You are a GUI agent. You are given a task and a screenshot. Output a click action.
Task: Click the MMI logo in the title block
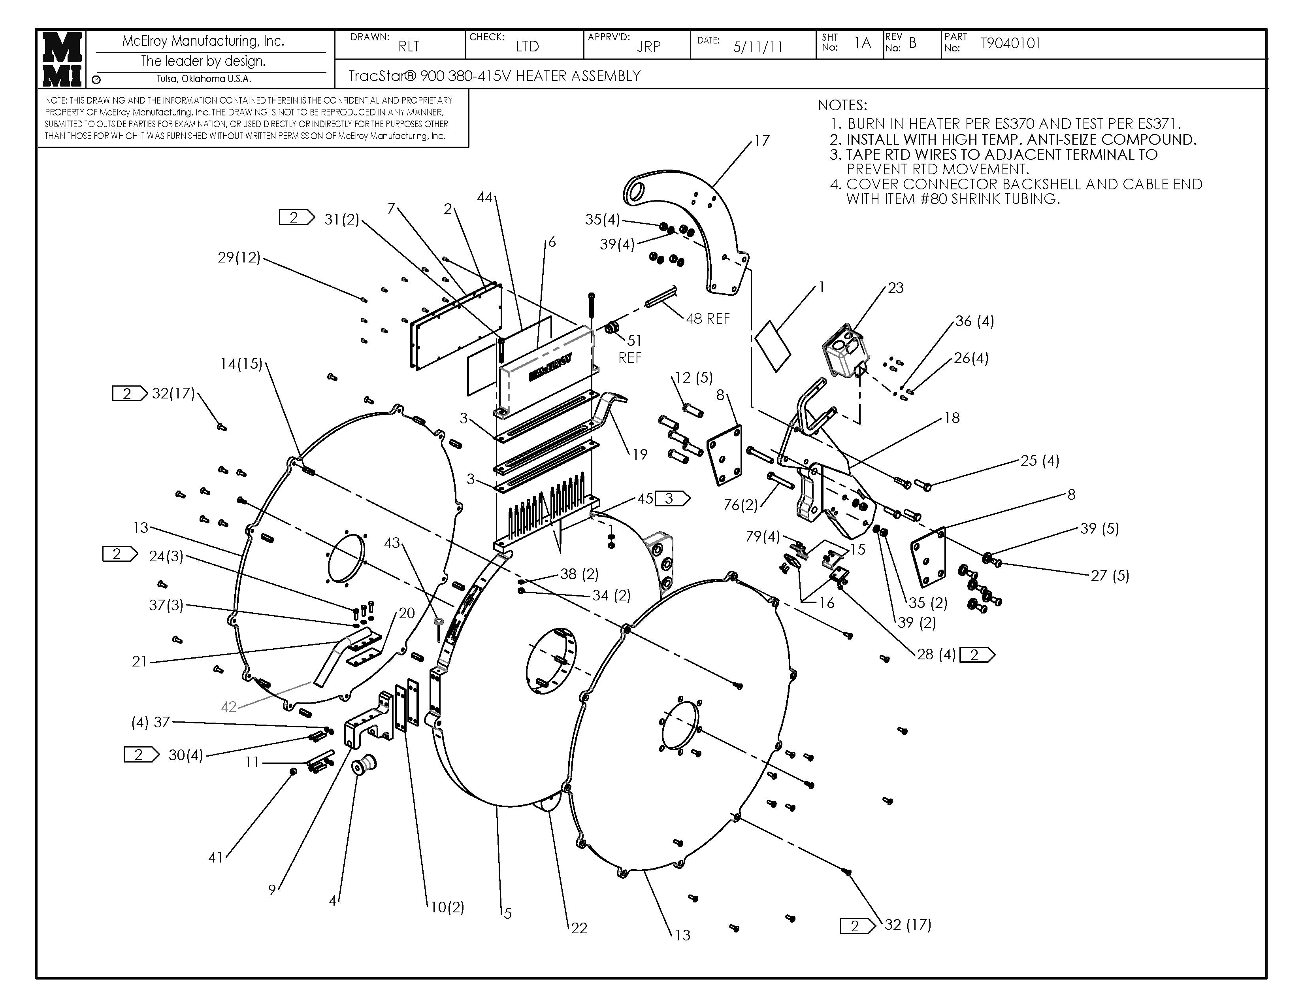coord(62,59)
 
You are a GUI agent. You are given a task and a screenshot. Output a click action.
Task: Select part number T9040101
coord(1011,43)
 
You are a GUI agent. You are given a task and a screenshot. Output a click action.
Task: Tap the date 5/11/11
coord(758,47)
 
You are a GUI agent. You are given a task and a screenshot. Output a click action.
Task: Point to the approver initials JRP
coord(648,47)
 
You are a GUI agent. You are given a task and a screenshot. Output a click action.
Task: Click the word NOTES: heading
coord(842,106)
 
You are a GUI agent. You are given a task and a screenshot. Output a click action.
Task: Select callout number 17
coord(762,141)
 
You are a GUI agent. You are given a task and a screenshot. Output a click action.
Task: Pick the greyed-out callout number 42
coord(229,707)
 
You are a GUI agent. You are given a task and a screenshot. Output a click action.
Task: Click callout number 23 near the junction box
coord(895,288)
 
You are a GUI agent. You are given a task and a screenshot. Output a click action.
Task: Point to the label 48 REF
coord(708,319)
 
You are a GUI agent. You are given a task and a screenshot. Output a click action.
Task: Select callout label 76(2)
coord(741,505)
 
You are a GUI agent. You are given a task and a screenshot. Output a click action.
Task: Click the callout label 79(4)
coord(763,537)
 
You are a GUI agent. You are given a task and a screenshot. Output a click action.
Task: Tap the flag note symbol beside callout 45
coord(672,498)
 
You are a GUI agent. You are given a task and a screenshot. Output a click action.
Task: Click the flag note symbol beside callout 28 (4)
coord(977,655)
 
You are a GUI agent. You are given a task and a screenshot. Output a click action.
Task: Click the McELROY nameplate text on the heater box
coord(550,367)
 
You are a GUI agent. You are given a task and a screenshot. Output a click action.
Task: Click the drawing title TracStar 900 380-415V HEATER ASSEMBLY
coord(494,76)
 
